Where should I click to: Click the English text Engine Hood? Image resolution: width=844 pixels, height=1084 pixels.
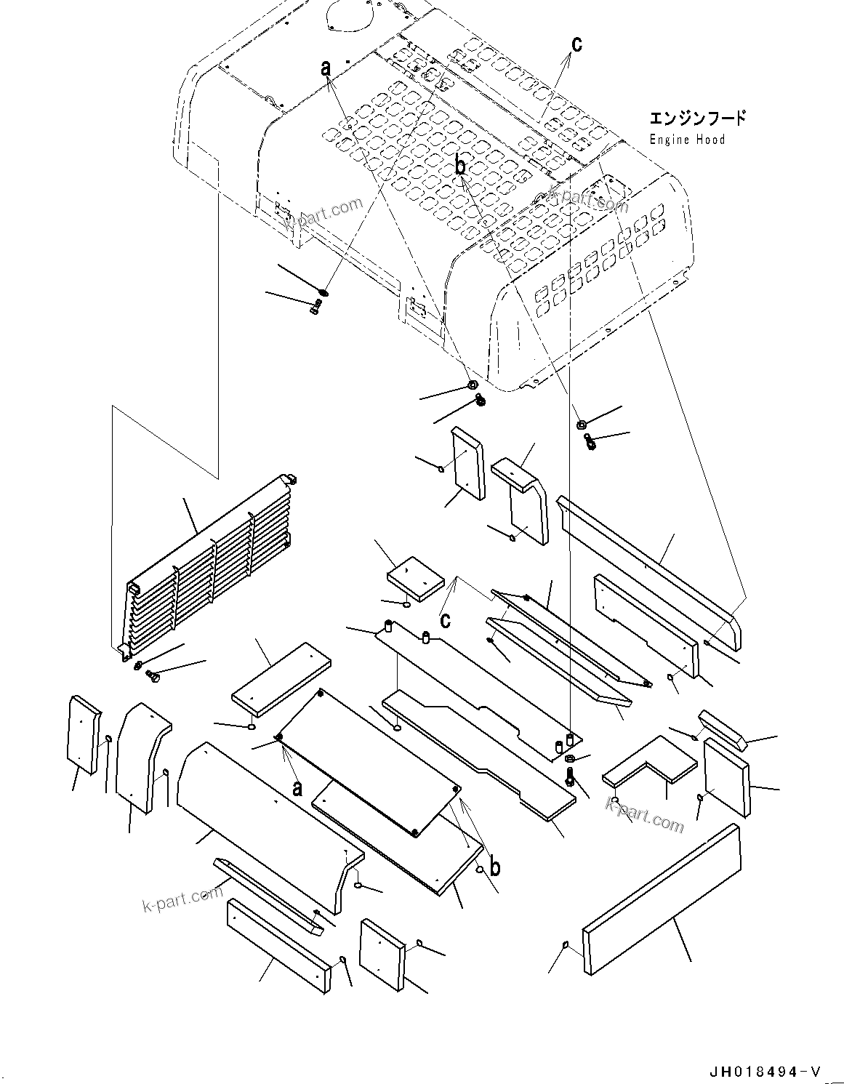686,139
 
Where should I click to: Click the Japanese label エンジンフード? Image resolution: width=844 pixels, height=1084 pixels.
696,118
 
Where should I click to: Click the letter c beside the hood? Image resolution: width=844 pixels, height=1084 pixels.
576,44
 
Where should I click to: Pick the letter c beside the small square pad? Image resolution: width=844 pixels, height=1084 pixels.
445,619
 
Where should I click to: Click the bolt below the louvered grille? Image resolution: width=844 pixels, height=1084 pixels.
153,677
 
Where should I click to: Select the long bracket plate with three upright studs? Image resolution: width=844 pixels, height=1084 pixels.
473,683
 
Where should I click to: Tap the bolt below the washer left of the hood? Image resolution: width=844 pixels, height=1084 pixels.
314,310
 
